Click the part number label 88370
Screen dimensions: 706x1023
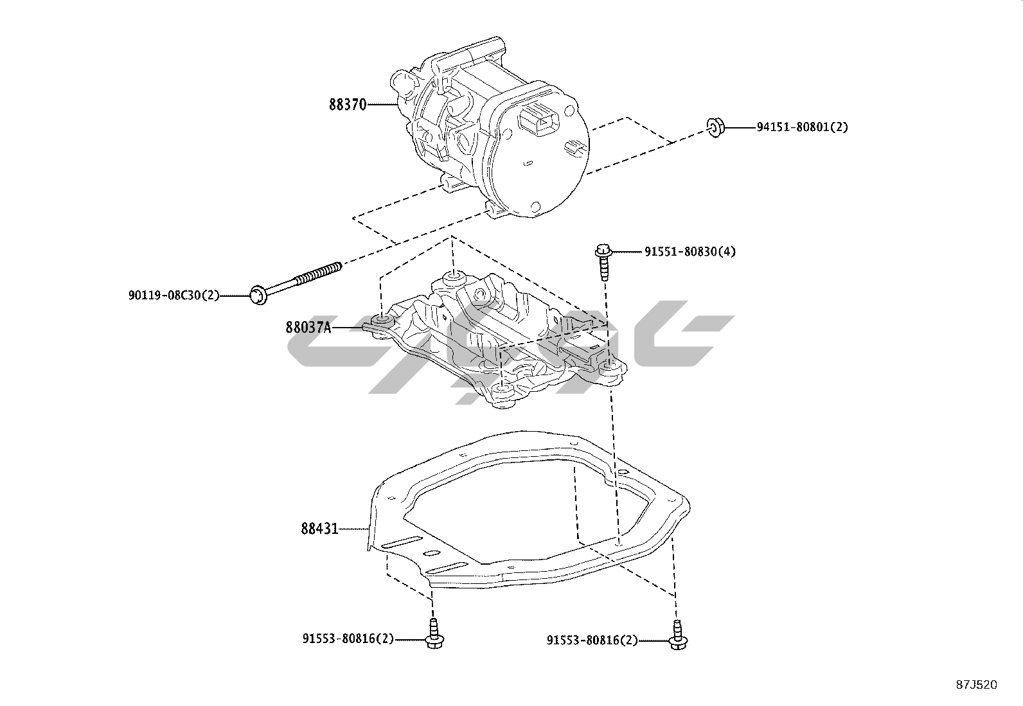347,105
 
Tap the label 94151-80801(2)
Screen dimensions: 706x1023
801,127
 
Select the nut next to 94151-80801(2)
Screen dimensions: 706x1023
715,127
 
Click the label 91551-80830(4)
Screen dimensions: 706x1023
690,251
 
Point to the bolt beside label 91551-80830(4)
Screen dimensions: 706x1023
603,260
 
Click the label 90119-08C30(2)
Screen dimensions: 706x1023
173,296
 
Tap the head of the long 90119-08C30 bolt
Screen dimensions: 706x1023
258,296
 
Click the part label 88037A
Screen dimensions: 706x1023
308,328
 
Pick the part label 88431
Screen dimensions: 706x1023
319,529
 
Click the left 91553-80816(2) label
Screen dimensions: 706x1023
348,639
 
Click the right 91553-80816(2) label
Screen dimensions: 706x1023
592,640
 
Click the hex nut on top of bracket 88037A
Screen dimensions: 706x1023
480,294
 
